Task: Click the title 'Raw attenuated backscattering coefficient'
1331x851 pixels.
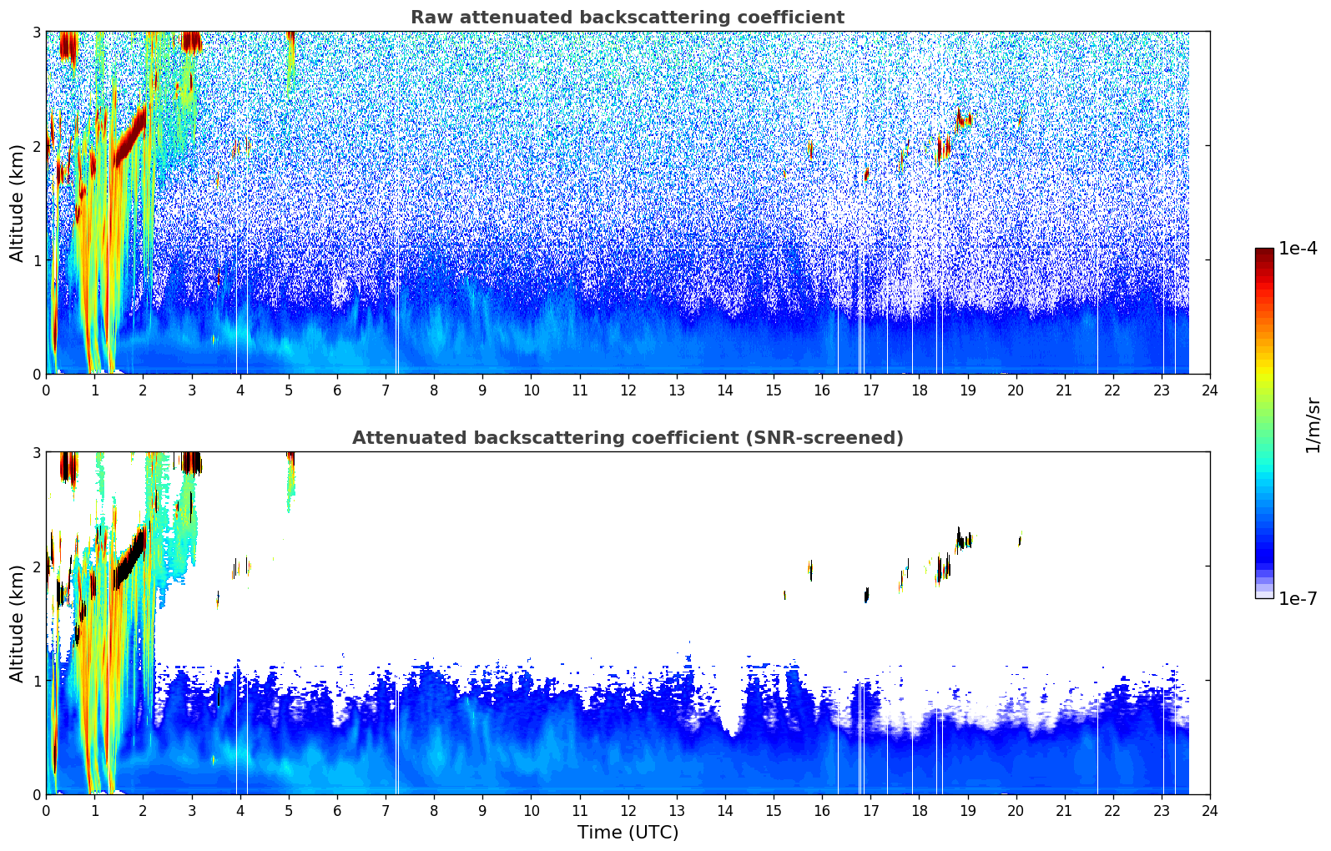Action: click(627, 18)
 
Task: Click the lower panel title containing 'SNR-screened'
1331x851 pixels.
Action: click(627, 438)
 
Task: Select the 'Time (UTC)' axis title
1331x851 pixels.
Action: click(628, 833)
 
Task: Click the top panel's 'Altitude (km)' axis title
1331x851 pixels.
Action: click(17, 203)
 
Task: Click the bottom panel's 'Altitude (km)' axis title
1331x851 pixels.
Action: click(17, 623)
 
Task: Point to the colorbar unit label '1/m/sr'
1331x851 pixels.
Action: click(1313, 425)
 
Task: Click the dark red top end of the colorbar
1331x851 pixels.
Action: click(1263, 252)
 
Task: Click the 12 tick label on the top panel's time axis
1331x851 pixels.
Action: click(628, 390)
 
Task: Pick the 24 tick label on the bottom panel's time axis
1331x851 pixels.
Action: click(1209, 811)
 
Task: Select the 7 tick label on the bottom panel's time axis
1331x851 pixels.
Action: click(386, 811)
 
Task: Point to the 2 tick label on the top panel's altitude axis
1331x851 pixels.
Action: click(36, 146)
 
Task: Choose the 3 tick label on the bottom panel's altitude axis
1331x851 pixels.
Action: click(36, 452)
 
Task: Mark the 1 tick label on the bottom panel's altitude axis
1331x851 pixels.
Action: click(36, 681)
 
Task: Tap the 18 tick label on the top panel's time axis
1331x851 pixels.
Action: click(919, 390)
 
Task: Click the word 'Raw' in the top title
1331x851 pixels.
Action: click(429, 18)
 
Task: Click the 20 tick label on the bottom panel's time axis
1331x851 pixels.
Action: click(1016, 811)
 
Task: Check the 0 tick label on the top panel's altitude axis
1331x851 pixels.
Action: click(36, 375)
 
